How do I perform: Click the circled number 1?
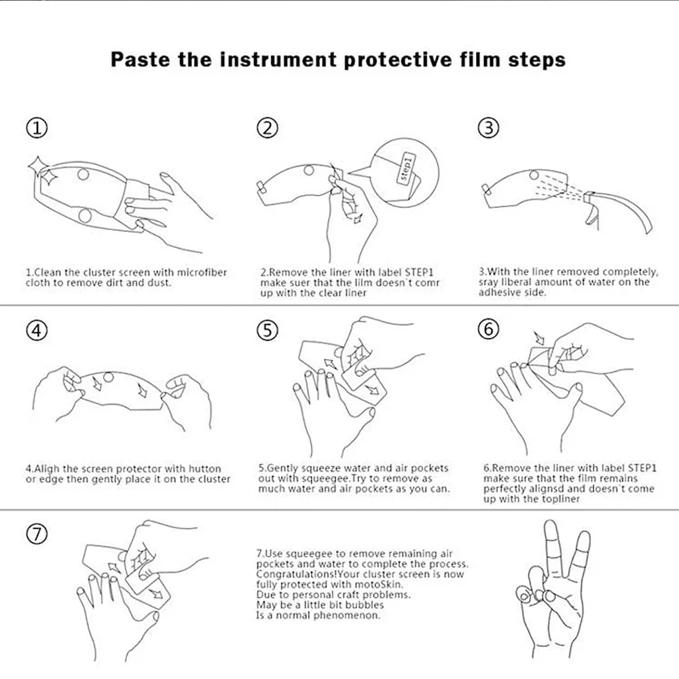(37, 128)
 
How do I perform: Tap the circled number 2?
(267, 128)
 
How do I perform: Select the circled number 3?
(488, 128)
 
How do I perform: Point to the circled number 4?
(37, 331)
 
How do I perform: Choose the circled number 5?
(267, 331)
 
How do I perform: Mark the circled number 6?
(488, 329)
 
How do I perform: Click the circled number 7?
(37, 534)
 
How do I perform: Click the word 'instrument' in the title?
(278, 60)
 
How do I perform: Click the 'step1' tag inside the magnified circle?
(406, 169)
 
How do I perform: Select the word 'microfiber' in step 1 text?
(202, 272)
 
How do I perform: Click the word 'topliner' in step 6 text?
(560, 499)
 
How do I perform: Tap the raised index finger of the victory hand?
(551, 550)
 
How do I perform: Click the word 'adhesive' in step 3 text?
(498, 292)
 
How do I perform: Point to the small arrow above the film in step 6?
(539, 337)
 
